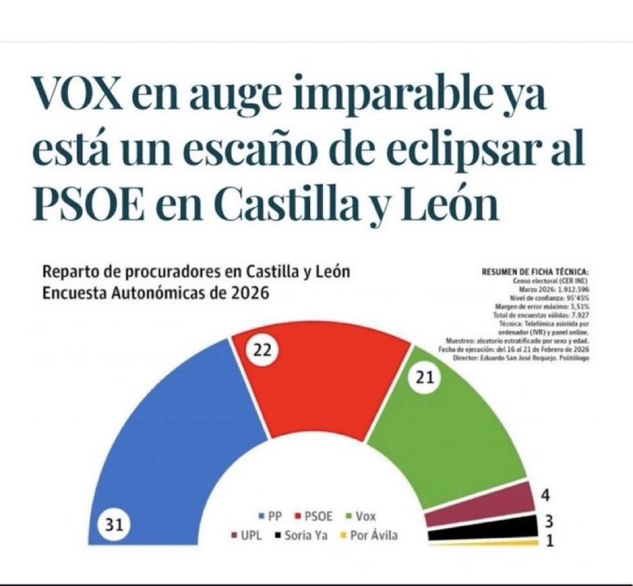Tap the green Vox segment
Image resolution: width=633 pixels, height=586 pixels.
(x=449, y=431)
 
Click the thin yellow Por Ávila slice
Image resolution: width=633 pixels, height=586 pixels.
(x=488, y=543)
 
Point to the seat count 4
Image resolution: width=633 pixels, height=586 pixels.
(x=546, y=495)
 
